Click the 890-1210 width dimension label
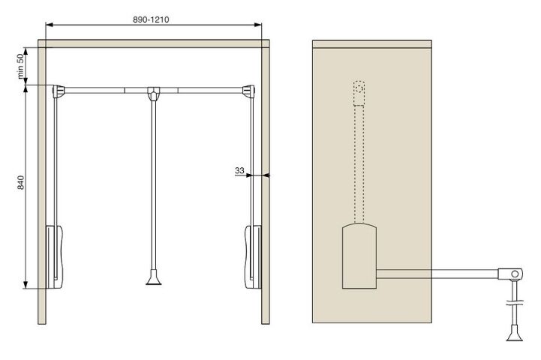click(151, 19)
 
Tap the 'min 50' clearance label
click(21, 66)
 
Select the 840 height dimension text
click(21, 182)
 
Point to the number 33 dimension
click(239, 170)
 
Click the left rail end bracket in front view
click(59, 91)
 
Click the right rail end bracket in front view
click(249, 91)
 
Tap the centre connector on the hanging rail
click(154, 94)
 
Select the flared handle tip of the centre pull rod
click(154, 278)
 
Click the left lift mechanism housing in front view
click(54, 257)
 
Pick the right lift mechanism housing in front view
click(253, 257)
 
